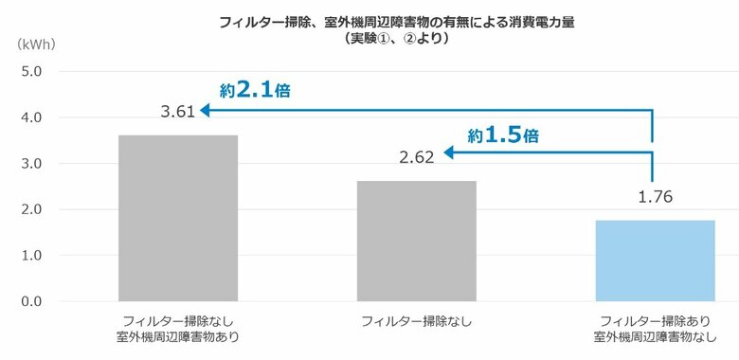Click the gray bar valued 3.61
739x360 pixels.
click(178, 218)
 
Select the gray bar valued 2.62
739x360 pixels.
click(417, 241)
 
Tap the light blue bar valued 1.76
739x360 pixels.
click(655, 261)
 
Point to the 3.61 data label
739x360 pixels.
click(178, 111)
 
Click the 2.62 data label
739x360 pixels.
click(417, 157)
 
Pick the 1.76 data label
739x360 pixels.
click(655, 197)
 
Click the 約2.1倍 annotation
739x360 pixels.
click(255, 91)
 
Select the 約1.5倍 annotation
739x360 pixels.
click(504, 135)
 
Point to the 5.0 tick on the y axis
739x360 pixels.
click(30, 71)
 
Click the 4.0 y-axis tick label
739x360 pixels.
click(30, 117)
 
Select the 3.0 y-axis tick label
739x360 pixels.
click(30, 164)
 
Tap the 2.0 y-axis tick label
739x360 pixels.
click(30, 209)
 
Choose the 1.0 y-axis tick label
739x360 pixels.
click(30, 256)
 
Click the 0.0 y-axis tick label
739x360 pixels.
click(30, 301)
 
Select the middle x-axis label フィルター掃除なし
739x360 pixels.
click(417, 322)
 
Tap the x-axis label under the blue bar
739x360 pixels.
click(655, 329)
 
